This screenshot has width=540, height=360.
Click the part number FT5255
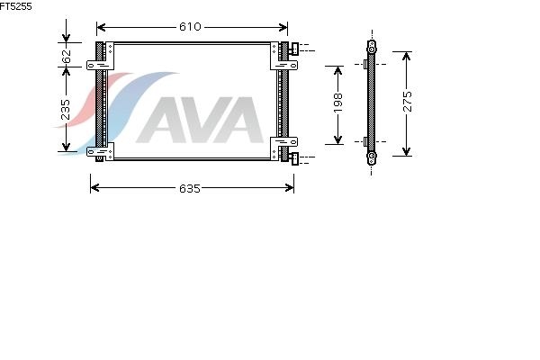(x=15, y=6)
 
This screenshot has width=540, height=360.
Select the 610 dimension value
(x=190, y=27)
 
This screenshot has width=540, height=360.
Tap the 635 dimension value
(x=190, y=188)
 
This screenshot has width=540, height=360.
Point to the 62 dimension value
(x=66, y=57)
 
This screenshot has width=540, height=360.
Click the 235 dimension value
(x=65, y=110)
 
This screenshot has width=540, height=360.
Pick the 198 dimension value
(x=337, y=103)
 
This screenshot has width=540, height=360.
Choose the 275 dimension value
(x=407, y=102)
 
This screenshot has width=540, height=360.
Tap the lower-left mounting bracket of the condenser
(x=101, y=151)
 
